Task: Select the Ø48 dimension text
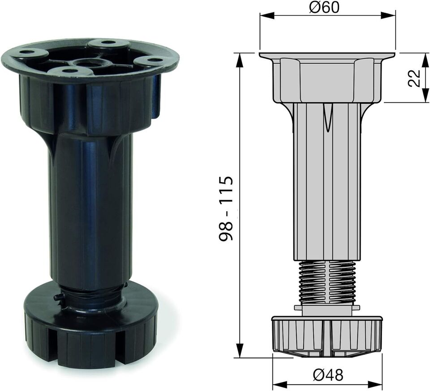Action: (328, 374)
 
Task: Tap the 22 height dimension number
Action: (414, 77)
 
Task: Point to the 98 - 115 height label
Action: (226, 209)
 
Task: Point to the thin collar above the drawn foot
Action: (327, 308)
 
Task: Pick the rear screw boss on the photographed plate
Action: (107, 43)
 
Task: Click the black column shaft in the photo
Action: (90, 211)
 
